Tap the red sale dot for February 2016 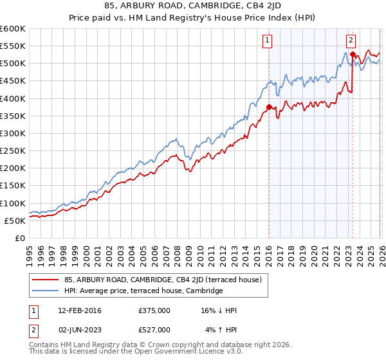pos(268,107)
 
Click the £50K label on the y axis pos(15,221)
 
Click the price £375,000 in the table pos(154,310)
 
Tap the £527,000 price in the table pos(154,330)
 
